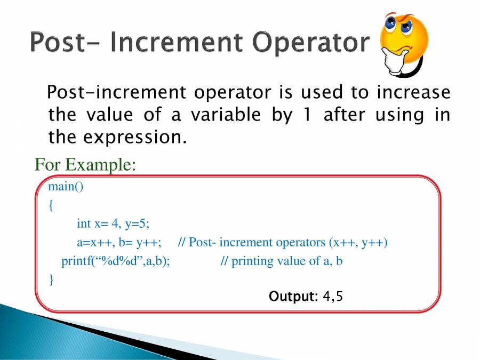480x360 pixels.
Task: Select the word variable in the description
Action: pos(226,115)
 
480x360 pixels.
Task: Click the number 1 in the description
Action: pos(307,115)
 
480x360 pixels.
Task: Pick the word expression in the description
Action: pos(135,138)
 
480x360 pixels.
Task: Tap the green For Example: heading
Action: pos(85,164)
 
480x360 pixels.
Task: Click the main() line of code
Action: pos(66,186)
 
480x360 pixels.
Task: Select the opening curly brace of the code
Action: pos(51,205)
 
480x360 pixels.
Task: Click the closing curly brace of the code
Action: pos(51,279)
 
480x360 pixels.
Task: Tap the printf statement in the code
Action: pos(116,261)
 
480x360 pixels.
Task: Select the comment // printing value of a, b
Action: pos(281,261)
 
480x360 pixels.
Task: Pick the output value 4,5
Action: pos(333,297)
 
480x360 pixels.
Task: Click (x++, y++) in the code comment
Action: pos(358,243)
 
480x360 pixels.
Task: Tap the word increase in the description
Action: pos(413,92)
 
